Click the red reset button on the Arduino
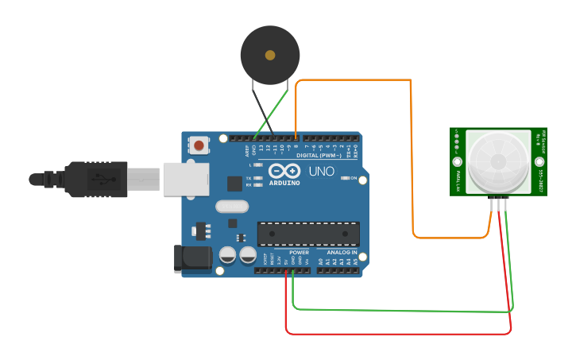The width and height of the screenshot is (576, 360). [x=198, y=145]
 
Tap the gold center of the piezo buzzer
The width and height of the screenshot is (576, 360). [x=270, y=55]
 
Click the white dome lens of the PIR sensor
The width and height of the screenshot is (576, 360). [x=498, y=161]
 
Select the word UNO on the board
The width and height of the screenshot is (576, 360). [x=321, y=172]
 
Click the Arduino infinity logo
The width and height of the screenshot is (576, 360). [x=284, y=171]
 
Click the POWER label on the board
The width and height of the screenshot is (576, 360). [x=299, y=252]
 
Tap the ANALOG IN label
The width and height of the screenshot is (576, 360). [x=342, y=252]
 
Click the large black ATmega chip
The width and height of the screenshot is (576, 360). [x=307, y=234]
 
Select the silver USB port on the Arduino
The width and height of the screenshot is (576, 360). [x=185, y=179]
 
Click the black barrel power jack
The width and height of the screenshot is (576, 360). [x=194, y=257]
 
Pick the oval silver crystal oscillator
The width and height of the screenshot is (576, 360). [x=231, y=207]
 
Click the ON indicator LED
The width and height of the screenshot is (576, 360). [x=348, y=178]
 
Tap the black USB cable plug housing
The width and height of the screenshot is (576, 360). [x=96, y=178]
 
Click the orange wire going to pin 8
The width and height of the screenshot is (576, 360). [x=412, y=159]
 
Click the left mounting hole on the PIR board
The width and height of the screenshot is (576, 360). [x=458, y=161]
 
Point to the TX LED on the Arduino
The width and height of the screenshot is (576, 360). [x=256, y=178]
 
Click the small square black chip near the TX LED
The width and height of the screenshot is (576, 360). [x=234, y=184]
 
